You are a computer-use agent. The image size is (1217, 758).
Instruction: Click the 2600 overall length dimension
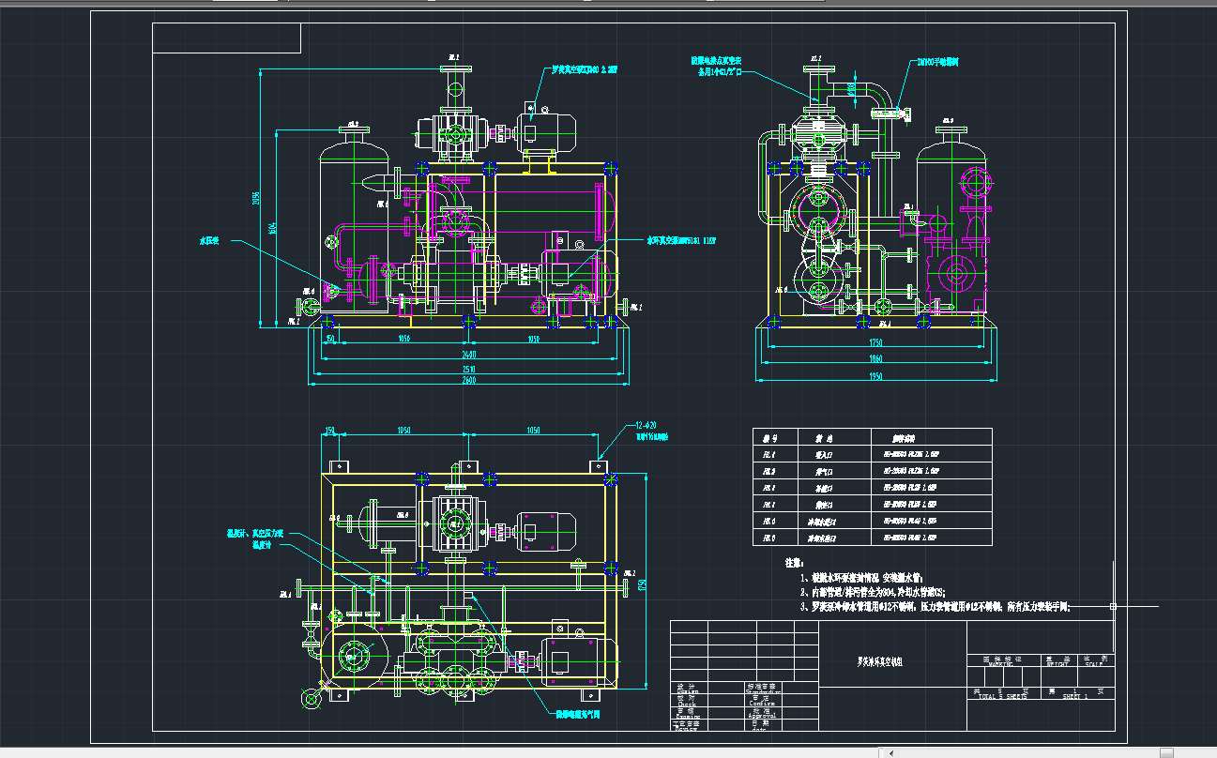coord(469,380)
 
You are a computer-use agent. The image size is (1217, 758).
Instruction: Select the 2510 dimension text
coord(469,368)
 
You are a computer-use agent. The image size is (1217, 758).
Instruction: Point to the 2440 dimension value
coord(469,355)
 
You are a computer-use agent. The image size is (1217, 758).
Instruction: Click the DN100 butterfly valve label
coord(937,62)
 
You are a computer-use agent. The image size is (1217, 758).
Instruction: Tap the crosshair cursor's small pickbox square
coord(1113,606)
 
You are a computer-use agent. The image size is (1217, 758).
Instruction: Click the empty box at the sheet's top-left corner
coord(226,38)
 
